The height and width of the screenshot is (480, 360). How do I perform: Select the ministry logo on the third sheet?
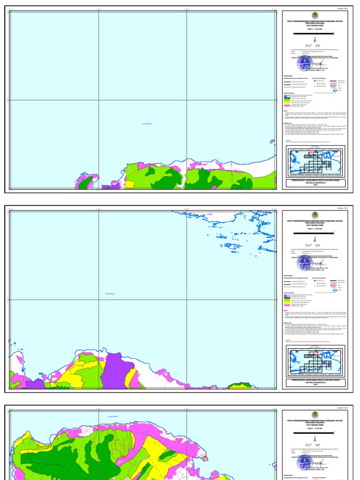(x=315, y=414)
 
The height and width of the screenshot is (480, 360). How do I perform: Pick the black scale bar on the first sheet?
(x=315, y=32)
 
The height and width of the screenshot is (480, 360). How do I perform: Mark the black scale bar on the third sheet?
(x=315, y=434)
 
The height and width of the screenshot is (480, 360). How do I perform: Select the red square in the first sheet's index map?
(x=311, y=153)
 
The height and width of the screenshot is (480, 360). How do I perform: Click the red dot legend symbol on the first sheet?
(x=316, y=81)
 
